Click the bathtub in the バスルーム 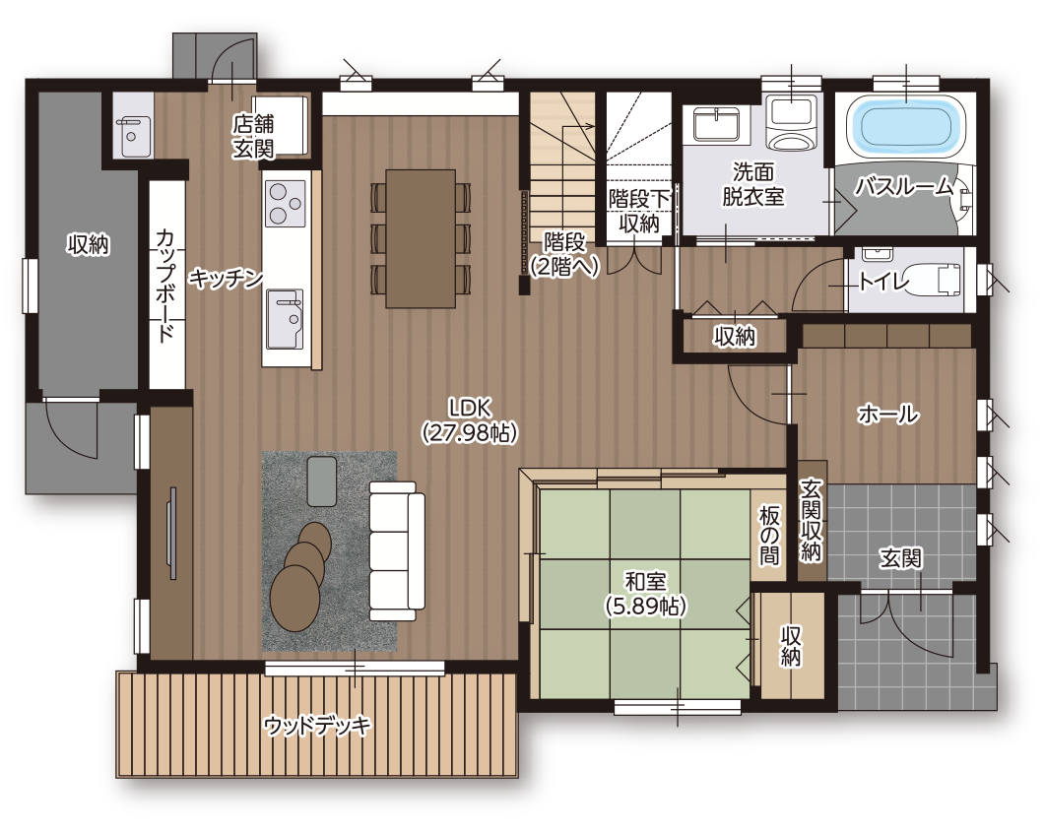point(905,125)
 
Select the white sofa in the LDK point(397,551)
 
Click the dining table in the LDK point(421,238)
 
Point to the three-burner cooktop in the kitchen point(286,203)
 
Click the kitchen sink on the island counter point(285,319)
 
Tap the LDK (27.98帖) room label point(470,420)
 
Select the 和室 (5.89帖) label point(645,593)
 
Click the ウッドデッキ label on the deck point(317,725)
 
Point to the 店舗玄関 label point(253,136)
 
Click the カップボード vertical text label point(165,285)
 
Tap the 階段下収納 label point(638,211)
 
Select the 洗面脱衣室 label point(753,184)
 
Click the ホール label point(888,414)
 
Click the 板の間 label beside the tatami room point(769,535)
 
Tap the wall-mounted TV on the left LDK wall point(173,533)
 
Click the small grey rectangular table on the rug point(322,481)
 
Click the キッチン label point(226,278)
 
